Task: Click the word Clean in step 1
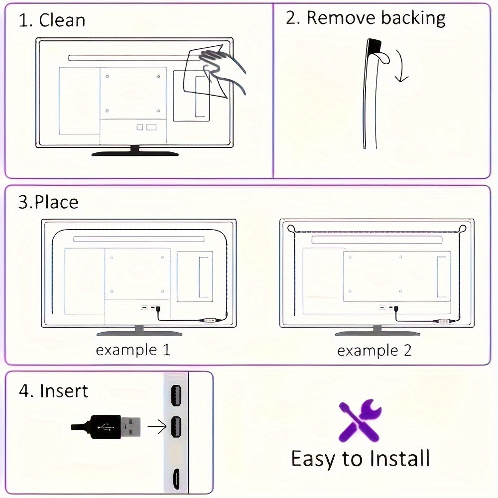point(62,20)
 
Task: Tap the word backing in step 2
point(413,18)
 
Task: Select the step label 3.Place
point(48,202)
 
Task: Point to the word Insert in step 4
point(64,390)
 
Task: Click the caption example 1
point(133,350)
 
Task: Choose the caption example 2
point(374,351)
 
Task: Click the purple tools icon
point(360,421)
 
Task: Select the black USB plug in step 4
point(106,427)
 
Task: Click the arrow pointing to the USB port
point(157,427)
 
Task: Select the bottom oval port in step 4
point(176,479)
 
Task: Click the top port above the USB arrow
point(176,395)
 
